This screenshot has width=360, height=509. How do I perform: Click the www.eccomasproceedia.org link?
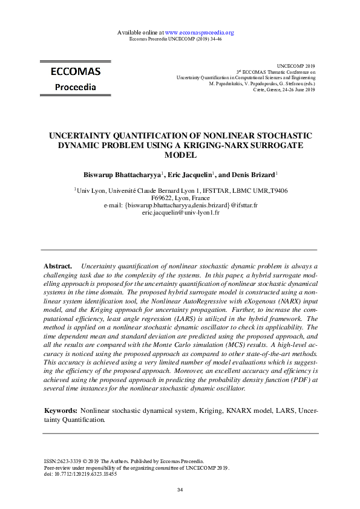[x=199, y=32]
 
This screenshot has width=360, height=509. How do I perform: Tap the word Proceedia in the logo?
[x=75, y=87]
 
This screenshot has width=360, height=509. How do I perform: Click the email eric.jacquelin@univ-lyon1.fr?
[x=180, y=213]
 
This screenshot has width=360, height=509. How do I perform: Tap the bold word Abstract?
[x=58, y=266]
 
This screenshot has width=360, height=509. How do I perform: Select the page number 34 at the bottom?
[x=179, y=489]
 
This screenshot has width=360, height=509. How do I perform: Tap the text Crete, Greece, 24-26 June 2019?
[x=284, y=89]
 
